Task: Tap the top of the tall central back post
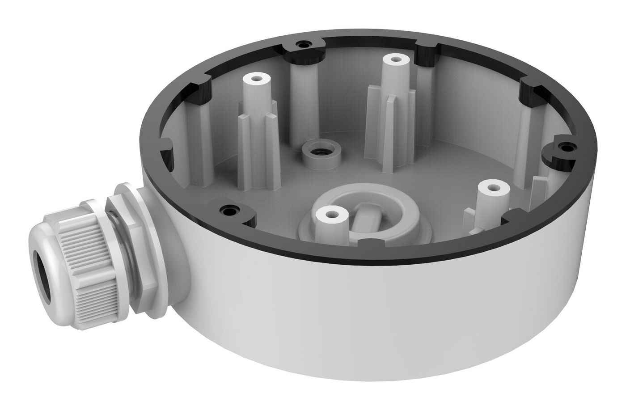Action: pos(394,59)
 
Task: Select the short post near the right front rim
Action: pos(494,188)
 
